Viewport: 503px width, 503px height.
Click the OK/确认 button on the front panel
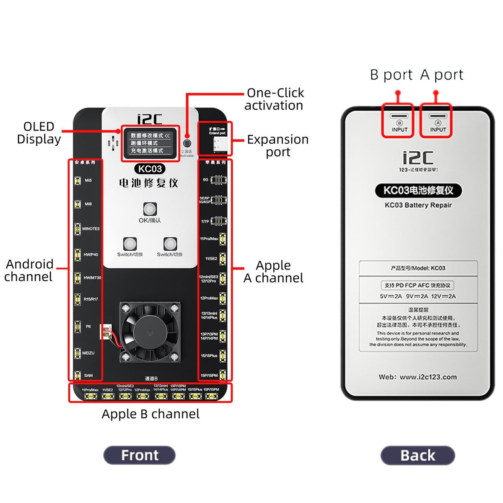point(150,209)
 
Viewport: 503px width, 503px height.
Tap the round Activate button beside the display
point(187,143)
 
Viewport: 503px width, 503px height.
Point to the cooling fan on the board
point(150,332)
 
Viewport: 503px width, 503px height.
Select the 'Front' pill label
point(140,455)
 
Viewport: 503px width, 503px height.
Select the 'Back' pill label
point(417,455)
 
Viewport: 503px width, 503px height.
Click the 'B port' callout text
point(392,75)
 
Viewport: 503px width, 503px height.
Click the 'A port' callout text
point(442,75)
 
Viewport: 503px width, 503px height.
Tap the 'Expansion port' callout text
point(277,145)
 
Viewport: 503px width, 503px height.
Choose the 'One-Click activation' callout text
point(274,99)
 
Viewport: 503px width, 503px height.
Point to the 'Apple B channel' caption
point(150,414)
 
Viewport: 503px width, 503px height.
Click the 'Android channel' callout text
point(29,270)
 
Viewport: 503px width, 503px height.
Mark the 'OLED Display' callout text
point(39,132)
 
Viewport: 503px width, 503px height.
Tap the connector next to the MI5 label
point(78,181)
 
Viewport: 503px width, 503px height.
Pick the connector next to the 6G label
point(218,180)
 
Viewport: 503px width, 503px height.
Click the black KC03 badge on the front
point(150,169)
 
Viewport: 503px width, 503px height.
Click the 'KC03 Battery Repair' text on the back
point(418,205)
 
